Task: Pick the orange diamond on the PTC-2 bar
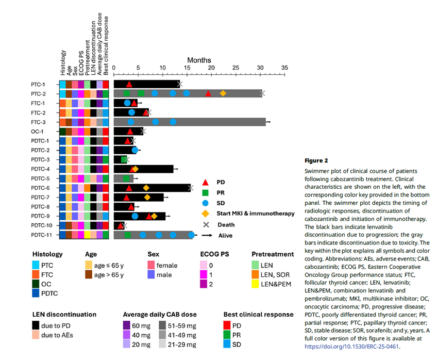tap(223, 93)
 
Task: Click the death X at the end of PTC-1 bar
tap(179, 84)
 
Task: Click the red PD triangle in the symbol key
tap(205, 182)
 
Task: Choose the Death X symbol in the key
tap(205, 224)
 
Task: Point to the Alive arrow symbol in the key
tap(207, 235)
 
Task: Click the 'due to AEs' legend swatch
tap(37, 335)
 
